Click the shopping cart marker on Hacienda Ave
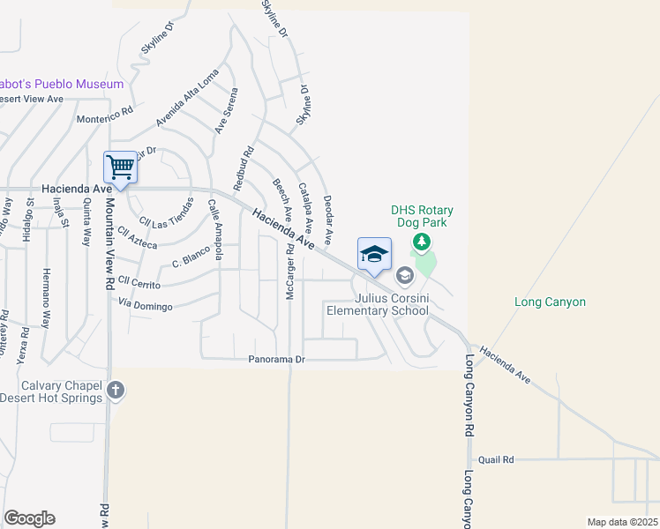120,166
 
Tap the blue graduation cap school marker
374,254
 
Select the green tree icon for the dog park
423,242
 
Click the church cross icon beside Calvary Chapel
115,390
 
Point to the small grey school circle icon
404,276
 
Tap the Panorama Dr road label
276,360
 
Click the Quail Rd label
495,460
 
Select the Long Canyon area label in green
550,302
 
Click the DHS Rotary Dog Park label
423,217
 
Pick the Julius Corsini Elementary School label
378,304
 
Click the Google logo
29,518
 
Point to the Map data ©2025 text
621,522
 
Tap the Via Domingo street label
146,303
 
